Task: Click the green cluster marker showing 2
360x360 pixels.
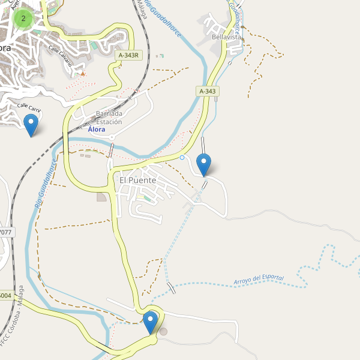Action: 23,19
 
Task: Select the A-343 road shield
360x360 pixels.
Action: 207,91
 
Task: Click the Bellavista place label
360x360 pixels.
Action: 226,37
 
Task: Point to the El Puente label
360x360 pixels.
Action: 137,180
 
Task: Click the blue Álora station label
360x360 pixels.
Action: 96,129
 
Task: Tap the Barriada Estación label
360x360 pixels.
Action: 109,118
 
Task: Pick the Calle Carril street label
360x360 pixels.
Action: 29,108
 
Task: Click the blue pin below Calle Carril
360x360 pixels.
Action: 30,125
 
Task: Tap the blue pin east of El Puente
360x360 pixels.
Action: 204,164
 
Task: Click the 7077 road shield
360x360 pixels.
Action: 5,232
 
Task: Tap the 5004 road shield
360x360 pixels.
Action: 5,295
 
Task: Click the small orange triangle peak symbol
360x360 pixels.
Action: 83,74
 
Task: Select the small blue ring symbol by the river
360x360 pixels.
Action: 182,158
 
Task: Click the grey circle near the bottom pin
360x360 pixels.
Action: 164,331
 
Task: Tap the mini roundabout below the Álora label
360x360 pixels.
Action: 112,137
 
